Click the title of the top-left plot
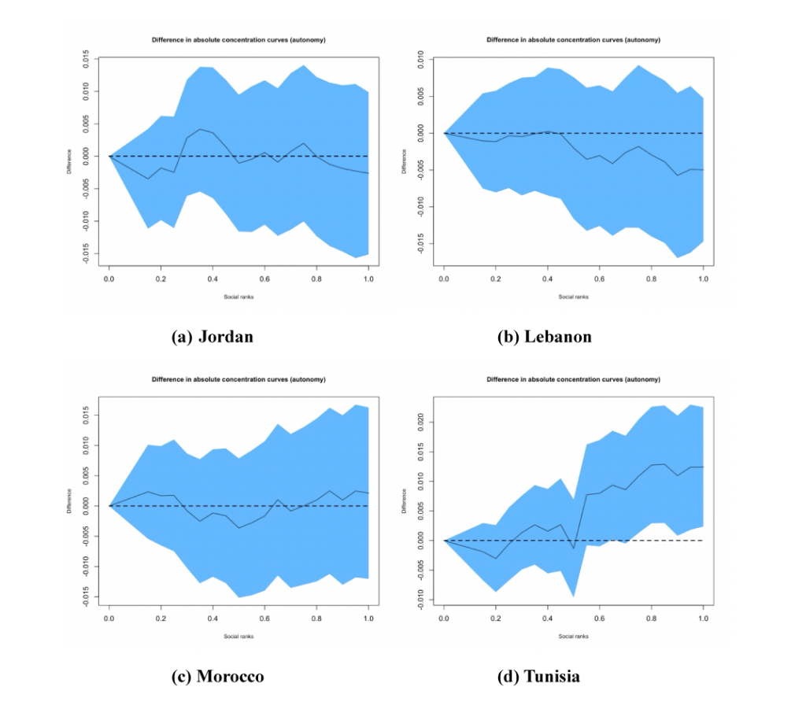pyautogui.click(x=238, y=39)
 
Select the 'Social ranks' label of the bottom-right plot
pyautogui.click(x=573, y=637)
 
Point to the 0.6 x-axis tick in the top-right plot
pyautogui.click(x=599, y=279)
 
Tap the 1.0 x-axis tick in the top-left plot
pyautogui.click(x=368, y=279)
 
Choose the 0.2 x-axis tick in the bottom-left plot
pyautogui.click(x=161, y=619)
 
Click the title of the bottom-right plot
pyautogui.click(x=573, y=379)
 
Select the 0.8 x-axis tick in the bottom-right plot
pyautogui.click(x=651, y=619)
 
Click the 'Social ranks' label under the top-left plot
pyautogui.click(x=238, y=297)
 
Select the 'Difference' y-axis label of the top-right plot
pyautogui.click(x=405, y=161)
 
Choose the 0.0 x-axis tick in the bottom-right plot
pyautogui.click(x=444, y=619)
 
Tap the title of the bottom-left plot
pyautogui.click(x=238, y=379)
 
